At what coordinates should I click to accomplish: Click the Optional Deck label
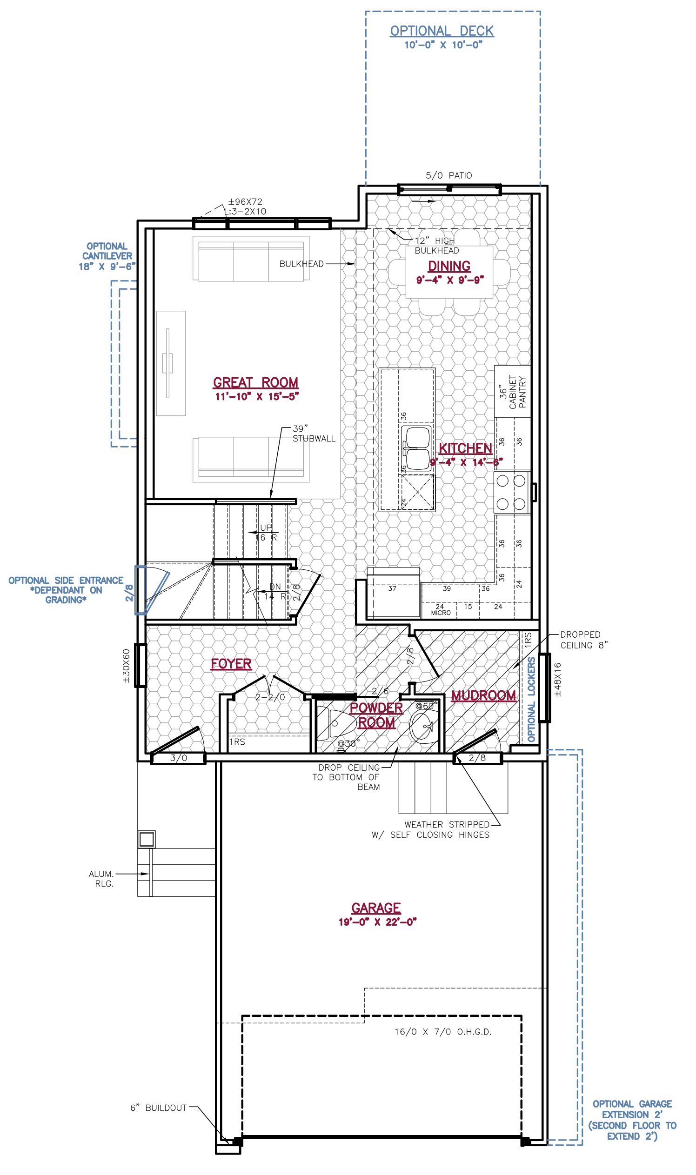442,31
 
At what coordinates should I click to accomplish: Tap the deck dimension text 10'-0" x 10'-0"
443,45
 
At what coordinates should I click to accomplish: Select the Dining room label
449,267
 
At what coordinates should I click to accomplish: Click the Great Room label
255,383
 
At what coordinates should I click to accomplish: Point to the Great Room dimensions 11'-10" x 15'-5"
256,397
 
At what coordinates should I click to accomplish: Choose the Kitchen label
465,448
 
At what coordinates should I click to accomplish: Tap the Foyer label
231,664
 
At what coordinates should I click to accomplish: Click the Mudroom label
483,695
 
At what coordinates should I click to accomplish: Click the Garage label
376,908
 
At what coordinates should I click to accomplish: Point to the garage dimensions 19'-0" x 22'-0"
378,922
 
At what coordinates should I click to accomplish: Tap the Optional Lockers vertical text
531,699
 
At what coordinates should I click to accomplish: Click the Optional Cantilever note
107,256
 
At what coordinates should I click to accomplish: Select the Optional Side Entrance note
66,590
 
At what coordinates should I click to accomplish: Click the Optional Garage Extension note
632,1120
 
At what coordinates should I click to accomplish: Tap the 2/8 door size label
129,593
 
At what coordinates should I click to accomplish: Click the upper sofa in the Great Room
251,259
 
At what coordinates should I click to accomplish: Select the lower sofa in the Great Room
251,460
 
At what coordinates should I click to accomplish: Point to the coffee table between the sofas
171,363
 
